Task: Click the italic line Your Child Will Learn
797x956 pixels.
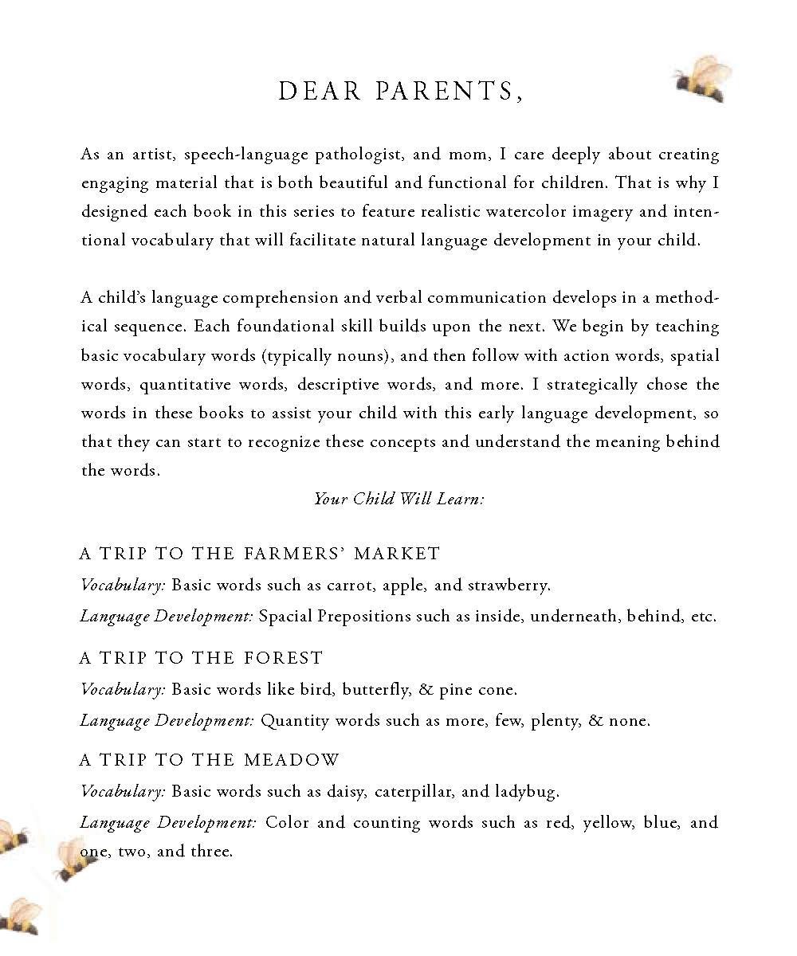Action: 398,499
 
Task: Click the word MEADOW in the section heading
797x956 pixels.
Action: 292,760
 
